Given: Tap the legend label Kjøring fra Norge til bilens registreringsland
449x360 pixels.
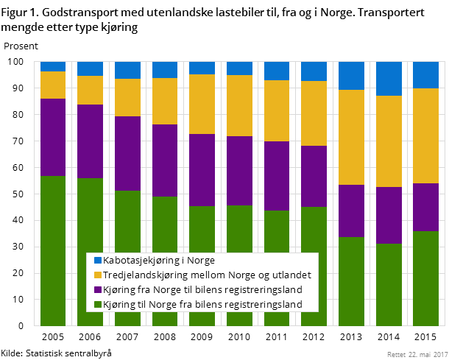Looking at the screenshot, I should click(204, 289).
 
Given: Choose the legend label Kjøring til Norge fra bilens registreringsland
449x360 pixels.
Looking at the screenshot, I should click(203, 304).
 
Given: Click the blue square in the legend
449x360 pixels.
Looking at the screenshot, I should click(96, 261).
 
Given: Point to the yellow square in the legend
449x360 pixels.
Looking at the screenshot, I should click(96, 275).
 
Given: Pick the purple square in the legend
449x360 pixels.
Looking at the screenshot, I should click(96, 289).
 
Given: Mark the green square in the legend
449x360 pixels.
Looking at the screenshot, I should click(96, 304).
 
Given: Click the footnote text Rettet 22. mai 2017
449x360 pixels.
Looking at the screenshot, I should click(416, 354).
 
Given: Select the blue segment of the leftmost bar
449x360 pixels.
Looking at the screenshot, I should click(53, 66).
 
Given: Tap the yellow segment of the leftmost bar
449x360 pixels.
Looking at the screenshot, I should click(53, 85).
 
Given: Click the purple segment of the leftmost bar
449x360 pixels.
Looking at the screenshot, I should click(53, 137).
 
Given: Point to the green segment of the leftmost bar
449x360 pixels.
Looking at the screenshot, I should click(53, 221).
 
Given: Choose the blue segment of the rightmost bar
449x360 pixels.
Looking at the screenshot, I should click(425, 75).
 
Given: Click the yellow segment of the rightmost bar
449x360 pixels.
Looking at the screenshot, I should click(425, 135).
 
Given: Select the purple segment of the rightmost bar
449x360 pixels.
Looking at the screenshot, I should click(425, 207).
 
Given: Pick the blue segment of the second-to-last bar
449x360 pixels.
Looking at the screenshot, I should click(389, 79).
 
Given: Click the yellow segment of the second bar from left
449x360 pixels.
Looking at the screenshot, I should click(90, 90).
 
